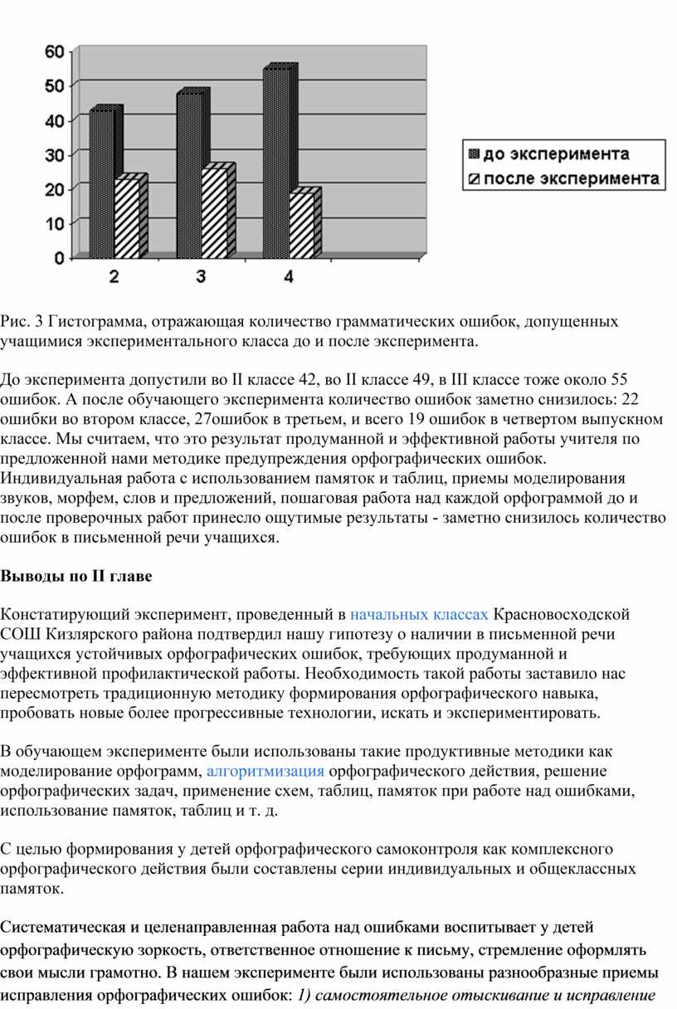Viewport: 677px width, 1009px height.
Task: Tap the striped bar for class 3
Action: click(216, 213)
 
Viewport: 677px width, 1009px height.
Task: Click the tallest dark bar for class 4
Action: click(278, 163)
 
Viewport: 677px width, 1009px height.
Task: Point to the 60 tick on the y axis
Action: click(54, 51)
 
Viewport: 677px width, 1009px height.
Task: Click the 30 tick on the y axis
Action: click(54, 154)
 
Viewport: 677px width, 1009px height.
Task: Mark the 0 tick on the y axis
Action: click(59, 258)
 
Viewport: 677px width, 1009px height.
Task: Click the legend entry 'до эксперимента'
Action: click(555, 154)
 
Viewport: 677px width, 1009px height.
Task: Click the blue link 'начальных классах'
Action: click(419, 615)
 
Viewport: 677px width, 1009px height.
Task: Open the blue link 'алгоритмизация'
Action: click(265, 770)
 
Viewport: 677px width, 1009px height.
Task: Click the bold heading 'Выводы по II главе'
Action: click(76, 576)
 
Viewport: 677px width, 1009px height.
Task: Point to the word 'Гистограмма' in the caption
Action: click(97, 321)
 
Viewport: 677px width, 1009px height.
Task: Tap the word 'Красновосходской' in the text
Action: click(562, 615)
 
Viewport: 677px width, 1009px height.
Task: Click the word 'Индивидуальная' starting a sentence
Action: click(63, 478)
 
